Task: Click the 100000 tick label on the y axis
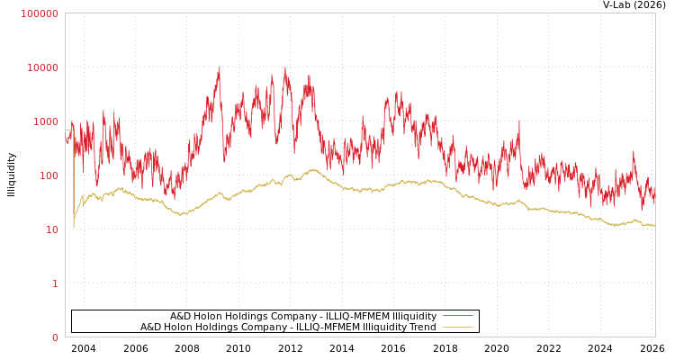(40, 13)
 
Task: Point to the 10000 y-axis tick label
(42, 67)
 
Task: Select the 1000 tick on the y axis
(45, 121)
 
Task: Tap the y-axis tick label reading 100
(48, 175)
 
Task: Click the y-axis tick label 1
(54, 283)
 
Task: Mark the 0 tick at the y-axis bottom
(54, 337)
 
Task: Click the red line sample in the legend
(457, 316)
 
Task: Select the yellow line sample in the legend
(457, 327)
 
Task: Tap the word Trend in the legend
(422, 327)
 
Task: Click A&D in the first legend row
(181, 316)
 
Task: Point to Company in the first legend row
(268, 316)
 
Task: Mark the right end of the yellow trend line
(654, 225)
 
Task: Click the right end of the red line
(654, 200)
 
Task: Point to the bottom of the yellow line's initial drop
(74, 227)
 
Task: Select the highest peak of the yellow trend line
(313, 169)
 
